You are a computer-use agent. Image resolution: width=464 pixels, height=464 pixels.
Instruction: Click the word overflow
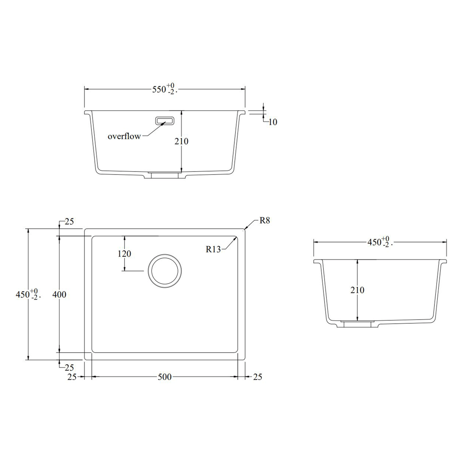point(124,136)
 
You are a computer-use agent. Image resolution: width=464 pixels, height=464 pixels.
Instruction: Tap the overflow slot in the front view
point(165,121)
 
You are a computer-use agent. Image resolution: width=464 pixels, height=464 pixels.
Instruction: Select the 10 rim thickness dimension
point(273,122)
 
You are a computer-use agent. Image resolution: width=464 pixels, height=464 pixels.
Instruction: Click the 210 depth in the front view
point(181,141)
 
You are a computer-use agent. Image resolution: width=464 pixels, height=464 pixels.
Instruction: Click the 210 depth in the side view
point(357,290)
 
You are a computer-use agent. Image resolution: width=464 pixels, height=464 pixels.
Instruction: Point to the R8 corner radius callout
point(264,221)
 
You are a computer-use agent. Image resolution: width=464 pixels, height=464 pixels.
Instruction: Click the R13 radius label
point(213,249)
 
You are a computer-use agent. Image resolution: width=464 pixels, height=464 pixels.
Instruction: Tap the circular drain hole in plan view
point(165,271)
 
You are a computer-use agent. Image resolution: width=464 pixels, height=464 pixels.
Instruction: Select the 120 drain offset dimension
point(124,254)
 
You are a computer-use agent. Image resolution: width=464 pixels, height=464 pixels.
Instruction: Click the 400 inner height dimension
point(59,295)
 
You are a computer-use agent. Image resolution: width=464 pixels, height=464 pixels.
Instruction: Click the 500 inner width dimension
point(164,377)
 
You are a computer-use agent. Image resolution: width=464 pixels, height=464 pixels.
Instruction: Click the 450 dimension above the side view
point(379,242)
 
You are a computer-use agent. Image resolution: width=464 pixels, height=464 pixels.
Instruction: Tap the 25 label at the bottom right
point(257,377)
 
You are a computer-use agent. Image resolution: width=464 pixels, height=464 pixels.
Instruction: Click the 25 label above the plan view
point(69,221)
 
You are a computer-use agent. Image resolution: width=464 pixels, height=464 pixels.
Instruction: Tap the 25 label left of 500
point(72,377)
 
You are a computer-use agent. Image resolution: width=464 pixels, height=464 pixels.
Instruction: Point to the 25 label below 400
point(69,368)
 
